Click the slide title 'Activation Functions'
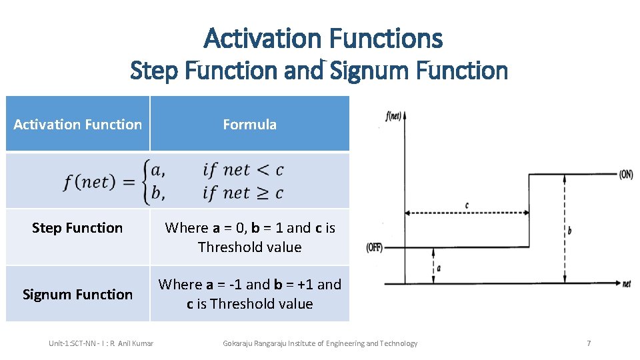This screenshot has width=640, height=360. [x=323, y=38]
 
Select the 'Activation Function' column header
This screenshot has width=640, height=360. [x=77, y=124]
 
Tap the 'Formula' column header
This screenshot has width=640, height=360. [x=249, y=124]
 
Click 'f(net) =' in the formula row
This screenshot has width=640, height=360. [x=99, y=181]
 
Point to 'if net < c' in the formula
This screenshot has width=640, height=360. [x=243, y=170]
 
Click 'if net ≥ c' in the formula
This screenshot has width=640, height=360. [x=243, y=193]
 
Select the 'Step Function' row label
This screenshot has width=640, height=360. [x=77, y=228]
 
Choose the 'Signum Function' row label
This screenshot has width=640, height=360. [x=77, y=295]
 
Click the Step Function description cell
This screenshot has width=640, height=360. [x=249, y=237]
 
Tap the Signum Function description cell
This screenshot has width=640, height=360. [x=249, y=294]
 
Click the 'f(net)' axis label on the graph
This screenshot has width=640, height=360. [x=395, y=115]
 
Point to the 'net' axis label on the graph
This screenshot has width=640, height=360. [x=626, y=284]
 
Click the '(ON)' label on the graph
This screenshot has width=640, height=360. [x=625, y=175]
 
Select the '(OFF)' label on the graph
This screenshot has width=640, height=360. [x=374, y=247]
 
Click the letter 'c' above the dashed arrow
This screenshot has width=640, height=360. [x=466, y=205]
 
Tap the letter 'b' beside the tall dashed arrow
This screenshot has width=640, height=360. [x=569, y=230]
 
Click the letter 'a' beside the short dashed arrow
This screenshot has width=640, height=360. [x=439, y=268]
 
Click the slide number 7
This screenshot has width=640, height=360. [x=589, y=343]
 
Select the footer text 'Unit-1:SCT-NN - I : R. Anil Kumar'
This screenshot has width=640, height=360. [x=101, y=343]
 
